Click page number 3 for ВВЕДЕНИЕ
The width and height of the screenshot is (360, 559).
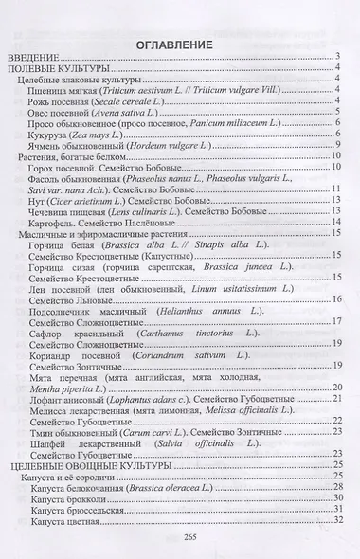click(337, 68)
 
